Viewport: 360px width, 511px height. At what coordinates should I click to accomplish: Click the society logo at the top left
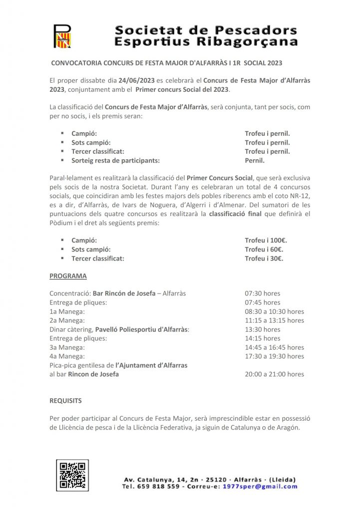coord(62,36)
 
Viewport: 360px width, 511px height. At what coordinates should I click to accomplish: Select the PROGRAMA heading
coord(68,276)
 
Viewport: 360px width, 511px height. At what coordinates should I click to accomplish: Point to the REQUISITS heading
coord(65,400)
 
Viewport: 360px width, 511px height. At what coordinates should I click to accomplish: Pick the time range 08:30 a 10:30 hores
coord(274,311)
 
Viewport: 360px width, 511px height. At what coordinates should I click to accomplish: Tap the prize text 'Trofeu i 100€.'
coord(266,241)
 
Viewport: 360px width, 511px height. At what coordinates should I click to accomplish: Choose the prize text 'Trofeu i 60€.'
coord(264,250)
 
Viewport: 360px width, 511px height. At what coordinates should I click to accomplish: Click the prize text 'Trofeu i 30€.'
coord(264,258)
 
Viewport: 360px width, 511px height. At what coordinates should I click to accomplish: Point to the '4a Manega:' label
coord(67,356)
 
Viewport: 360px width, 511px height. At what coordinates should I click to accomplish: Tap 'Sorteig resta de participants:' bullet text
coord(115,161)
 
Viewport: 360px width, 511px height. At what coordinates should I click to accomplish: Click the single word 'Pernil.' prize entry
coord(255,161)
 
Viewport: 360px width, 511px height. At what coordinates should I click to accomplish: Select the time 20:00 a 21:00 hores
coord(274,374)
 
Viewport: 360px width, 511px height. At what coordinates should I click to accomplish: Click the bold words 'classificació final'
coord(237,214)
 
